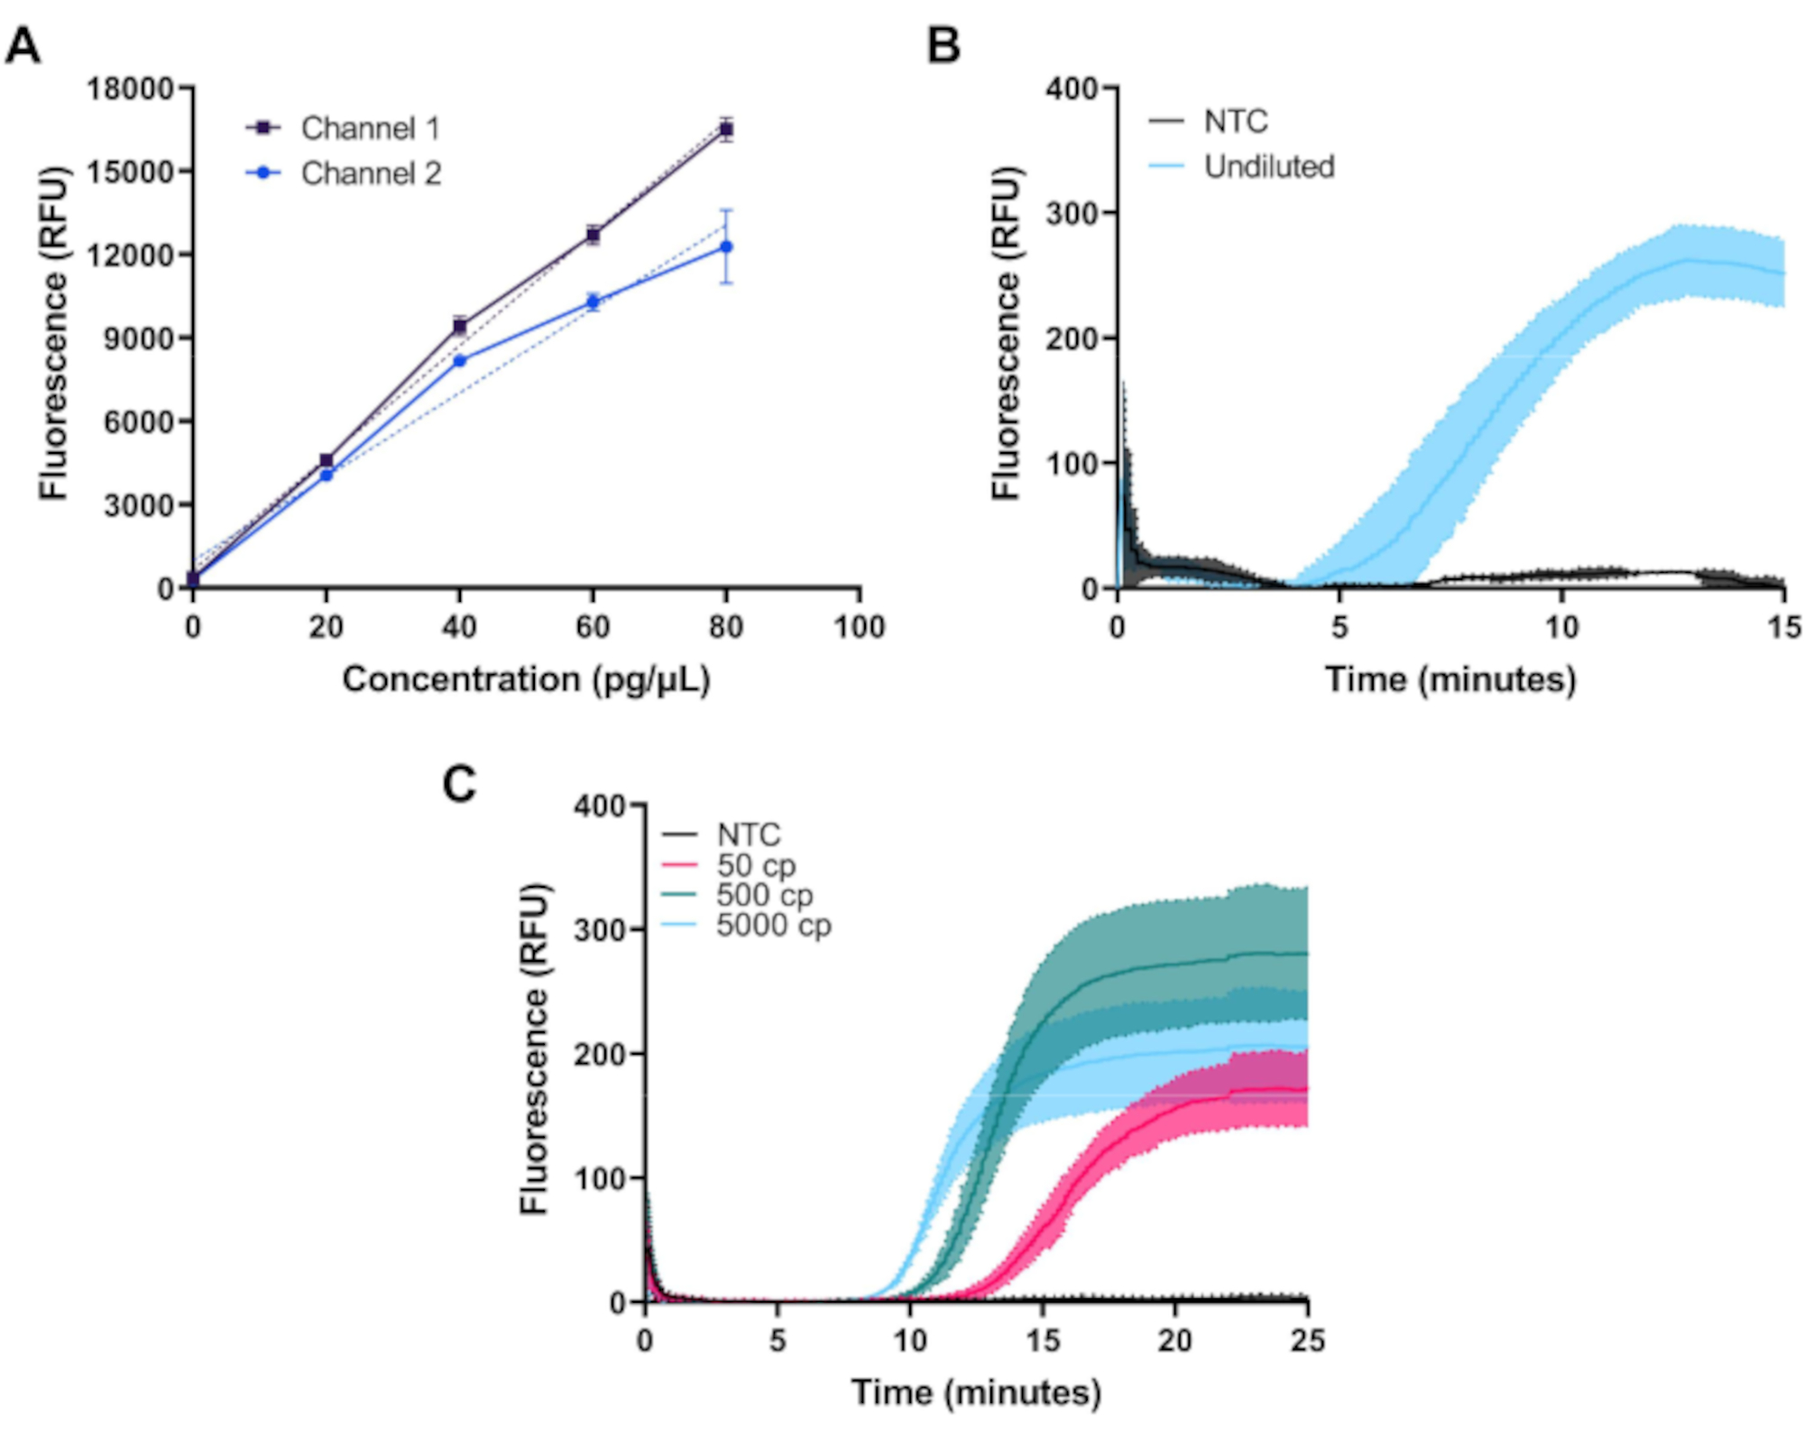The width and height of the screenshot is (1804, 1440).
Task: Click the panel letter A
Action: click(23, 45)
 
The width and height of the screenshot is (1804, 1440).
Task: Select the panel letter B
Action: click(943, 45)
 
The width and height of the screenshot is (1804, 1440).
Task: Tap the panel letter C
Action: click(459, 785)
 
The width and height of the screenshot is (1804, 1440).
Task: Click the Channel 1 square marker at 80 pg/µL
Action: click(726, 129)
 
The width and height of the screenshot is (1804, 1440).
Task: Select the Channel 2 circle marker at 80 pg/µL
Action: click(726, 246)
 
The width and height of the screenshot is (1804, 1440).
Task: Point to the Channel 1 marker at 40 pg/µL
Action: click(460, 326)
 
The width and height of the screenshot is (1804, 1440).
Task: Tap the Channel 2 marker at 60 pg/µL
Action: click(593, 301)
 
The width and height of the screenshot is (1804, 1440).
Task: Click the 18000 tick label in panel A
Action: click(130, 88)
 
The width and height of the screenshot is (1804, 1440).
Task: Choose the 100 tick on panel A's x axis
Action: click(859, 627)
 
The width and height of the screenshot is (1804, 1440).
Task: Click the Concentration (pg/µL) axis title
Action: click(526, 679)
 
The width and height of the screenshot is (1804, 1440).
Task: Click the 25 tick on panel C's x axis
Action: click(1307, 1341)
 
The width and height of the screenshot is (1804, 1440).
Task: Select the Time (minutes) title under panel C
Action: click(976, 1392)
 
